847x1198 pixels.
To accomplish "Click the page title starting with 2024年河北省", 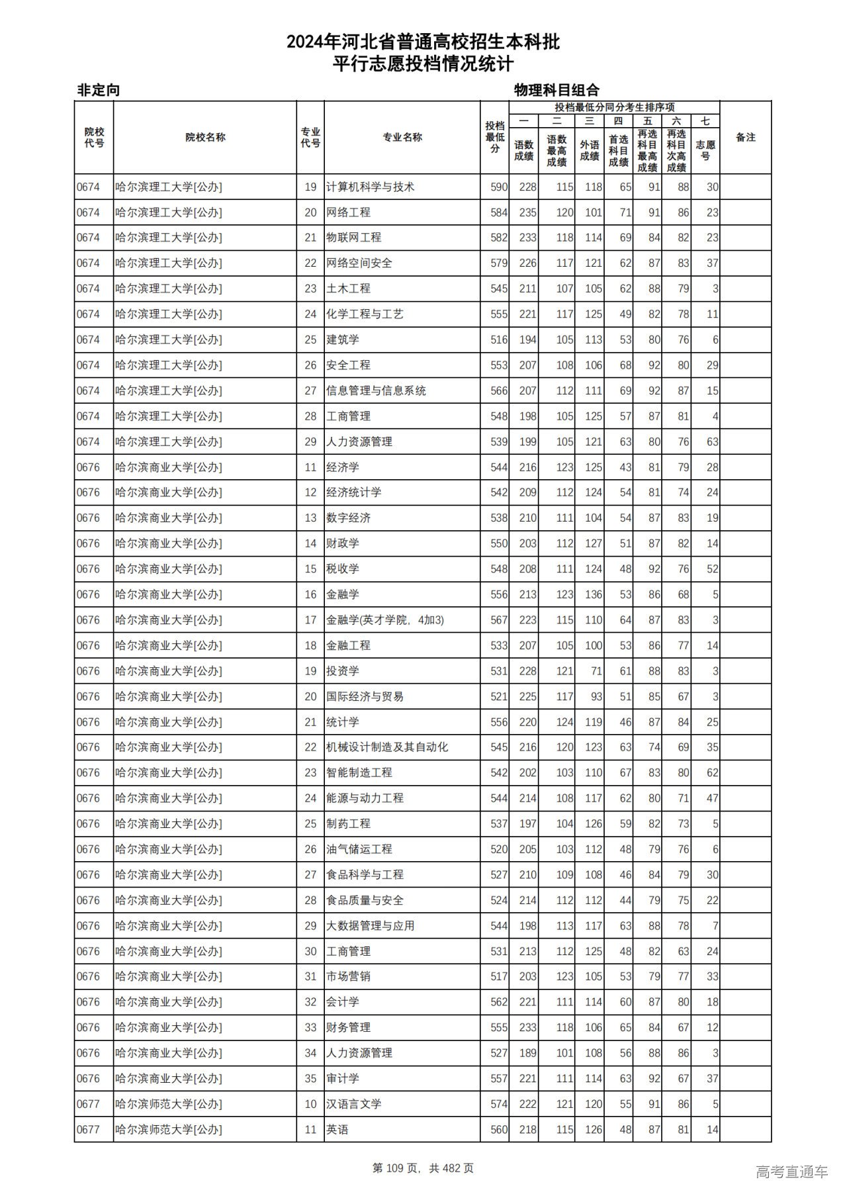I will point(423,42).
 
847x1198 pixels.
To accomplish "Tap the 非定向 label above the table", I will point(99,90).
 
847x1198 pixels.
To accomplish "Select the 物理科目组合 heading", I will point(557,90).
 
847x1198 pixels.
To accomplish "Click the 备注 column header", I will point(745,138).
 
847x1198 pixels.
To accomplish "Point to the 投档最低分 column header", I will point(494,137).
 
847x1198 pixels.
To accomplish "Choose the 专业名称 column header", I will point(402,138).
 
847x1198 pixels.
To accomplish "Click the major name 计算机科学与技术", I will point(370,187).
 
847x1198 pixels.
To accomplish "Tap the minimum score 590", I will point(498,187).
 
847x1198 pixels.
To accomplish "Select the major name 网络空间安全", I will point(359,263).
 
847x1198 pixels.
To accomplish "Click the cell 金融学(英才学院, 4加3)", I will point(385,620).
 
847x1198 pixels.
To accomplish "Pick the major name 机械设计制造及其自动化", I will point(387,747).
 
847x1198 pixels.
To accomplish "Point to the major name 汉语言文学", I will point(353,1104).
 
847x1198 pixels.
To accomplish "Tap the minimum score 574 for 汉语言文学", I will point(498,1104).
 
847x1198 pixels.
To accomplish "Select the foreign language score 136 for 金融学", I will point(593,594).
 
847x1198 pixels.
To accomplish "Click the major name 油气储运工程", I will point(359,849).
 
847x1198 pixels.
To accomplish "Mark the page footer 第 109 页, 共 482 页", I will point(423,1168).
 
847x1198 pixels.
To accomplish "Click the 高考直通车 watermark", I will point(791,1172).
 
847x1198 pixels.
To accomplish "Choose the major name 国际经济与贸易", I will point(365,696).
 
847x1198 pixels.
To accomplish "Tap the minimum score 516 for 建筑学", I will point(498,340).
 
